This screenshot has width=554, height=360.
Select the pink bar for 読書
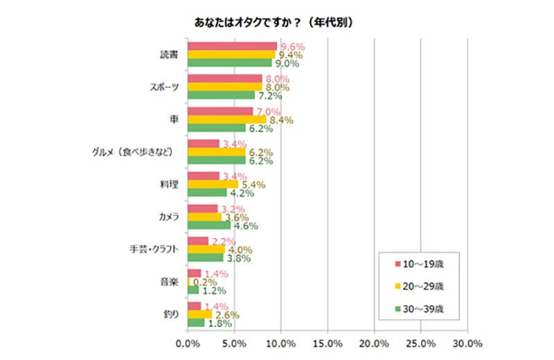[x=232, y=46]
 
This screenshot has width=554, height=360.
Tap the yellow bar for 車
[x=226, y=119]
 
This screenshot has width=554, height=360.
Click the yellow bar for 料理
[x=213, y=184]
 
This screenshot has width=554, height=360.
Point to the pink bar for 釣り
[x=194, y=306]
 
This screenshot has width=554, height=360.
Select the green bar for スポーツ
[x=221, y=95]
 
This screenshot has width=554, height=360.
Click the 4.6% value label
[x=244, y=226]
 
